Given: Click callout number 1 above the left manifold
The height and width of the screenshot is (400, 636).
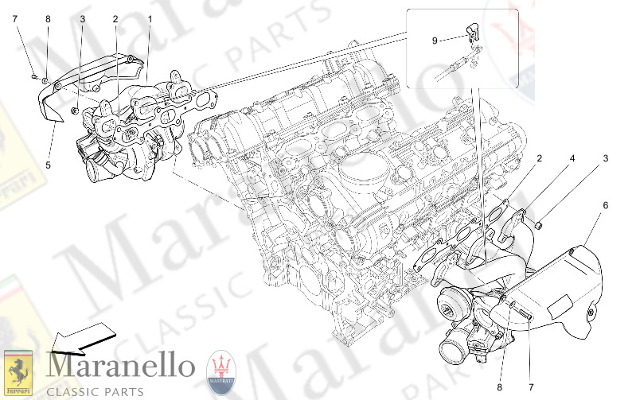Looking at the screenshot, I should click(149, 18).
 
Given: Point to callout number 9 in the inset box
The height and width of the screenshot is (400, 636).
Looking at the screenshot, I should click(435, 41).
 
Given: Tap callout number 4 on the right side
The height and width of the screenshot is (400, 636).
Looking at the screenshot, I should click(572, 159).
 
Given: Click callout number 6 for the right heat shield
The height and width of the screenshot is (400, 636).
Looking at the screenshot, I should click(606, 205).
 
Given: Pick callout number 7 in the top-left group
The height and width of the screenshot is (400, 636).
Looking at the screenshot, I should click(14, 17).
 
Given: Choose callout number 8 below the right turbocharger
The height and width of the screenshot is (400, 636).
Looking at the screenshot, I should click(499, 388).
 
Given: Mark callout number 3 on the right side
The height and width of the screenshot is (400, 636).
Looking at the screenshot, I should click(606, 159).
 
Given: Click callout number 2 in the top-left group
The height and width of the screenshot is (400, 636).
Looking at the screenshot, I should click(115, 18).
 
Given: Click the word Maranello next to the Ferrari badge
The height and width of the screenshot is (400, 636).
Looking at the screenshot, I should click(121, 367).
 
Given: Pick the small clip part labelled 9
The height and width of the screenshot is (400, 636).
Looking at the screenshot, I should click(473, 32).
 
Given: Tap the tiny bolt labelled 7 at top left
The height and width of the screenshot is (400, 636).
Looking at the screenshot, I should click(33, 76).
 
